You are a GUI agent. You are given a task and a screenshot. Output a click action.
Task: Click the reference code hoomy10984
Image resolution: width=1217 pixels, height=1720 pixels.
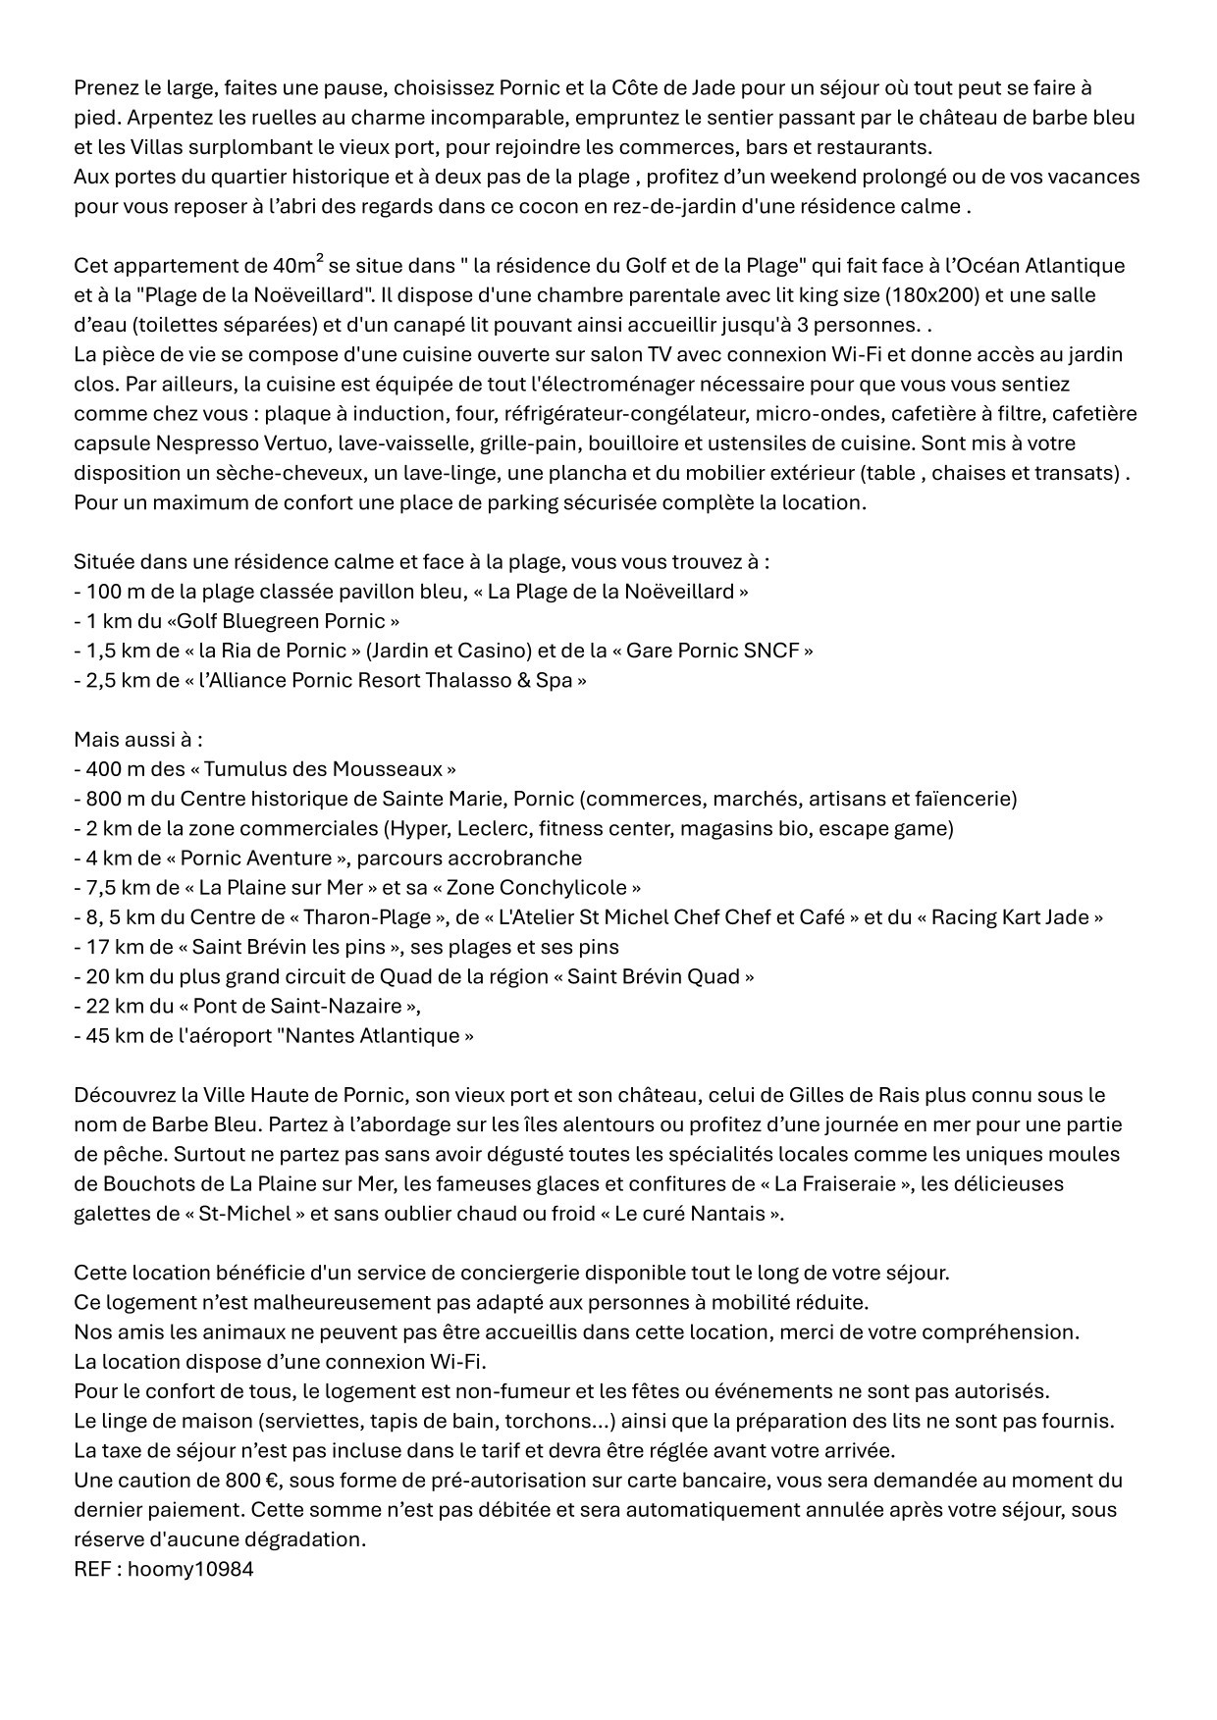click(x=190, y=1569)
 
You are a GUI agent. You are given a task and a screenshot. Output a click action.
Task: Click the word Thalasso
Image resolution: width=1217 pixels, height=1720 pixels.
click(x=467, y=680)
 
